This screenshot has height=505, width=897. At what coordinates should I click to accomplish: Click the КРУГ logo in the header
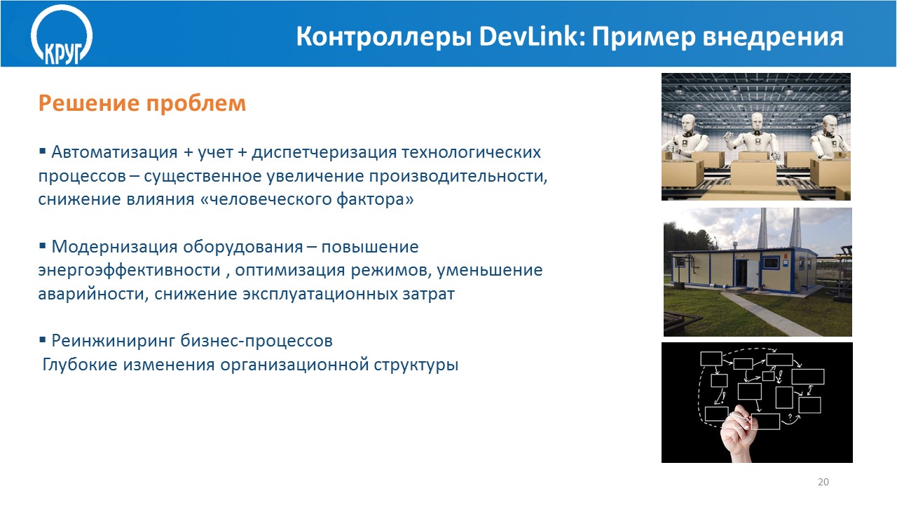point(62,34)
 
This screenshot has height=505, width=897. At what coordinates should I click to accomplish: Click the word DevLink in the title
point(532,37)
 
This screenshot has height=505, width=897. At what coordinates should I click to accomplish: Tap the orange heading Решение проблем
point(142,103)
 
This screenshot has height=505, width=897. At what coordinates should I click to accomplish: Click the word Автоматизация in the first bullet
point(114,152)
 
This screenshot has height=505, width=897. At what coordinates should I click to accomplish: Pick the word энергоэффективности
point(130,271)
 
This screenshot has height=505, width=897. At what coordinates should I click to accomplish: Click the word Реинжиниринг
point(114,342)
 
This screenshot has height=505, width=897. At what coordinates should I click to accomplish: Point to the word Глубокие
point(80,365)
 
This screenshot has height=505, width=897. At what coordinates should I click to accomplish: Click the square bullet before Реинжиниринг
point(43,340)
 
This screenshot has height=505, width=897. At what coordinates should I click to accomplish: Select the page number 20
point(823,482)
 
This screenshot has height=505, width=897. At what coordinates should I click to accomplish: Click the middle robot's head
point(758,121)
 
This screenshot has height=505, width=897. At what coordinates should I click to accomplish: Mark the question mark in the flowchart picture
point(790,417)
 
